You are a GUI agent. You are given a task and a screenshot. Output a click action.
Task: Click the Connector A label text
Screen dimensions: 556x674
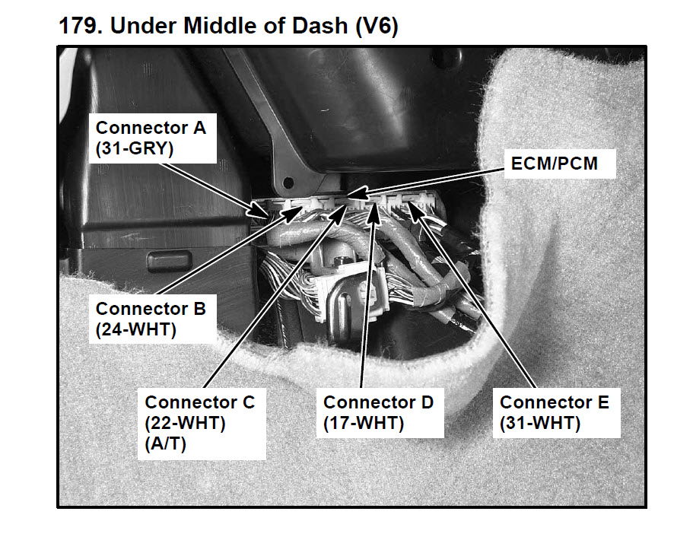[x=151, y=128]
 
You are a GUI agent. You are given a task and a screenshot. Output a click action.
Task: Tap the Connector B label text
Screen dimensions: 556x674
[x=151, y=310]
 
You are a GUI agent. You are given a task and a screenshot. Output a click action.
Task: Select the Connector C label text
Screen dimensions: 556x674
[x=200, y=402]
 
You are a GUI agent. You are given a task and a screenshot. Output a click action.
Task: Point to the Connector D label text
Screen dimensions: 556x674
[x=378, y=402]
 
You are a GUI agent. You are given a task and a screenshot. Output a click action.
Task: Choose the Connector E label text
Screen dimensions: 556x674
[x=555, y=402]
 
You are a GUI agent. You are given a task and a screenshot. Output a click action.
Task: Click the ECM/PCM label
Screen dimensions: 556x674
[x=555, y=163]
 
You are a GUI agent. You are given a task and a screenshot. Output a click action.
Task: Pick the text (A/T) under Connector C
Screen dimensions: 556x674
[x=165, y=444]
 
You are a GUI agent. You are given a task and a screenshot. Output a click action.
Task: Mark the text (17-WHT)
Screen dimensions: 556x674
[x=364, y=423]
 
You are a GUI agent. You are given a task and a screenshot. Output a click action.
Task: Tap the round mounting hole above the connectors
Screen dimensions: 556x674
[x=288, y=183]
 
